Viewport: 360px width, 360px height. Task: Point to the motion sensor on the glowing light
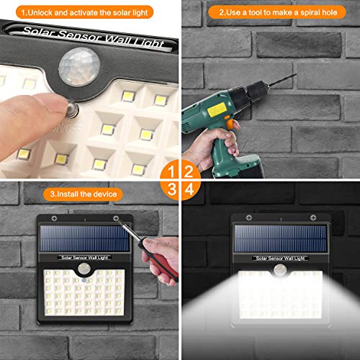coord(277,272)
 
